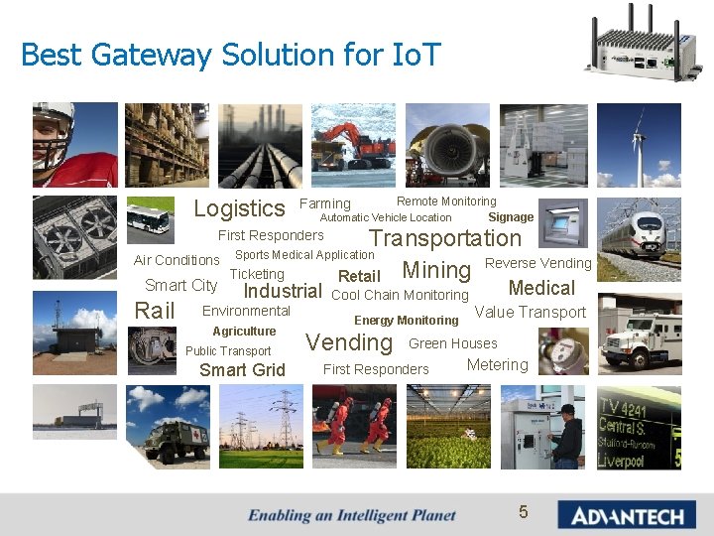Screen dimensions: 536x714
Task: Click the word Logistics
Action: [239, 208]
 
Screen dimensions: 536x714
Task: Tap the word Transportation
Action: [445, 238]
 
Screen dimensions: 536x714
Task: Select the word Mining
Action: [436, 270]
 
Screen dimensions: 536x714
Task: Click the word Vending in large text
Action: [349, 343]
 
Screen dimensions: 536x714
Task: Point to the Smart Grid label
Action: [242, 370]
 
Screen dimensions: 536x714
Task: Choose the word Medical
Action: [541, 289]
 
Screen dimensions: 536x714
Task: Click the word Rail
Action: [155, 311]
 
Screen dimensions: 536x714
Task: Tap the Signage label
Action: [511, 217]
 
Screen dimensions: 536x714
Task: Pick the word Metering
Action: [497, 365]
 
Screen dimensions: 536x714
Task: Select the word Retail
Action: [359, 277]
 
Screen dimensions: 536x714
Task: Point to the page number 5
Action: [524, 512]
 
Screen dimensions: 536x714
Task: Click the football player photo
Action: [74, 145]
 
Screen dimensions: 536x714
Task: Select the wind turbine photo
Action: [639, 145]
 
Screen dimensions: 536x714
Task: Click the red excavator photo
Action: [354, 145]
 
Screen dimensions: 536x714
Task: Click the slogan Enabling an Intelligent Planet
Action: [352, 515]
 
